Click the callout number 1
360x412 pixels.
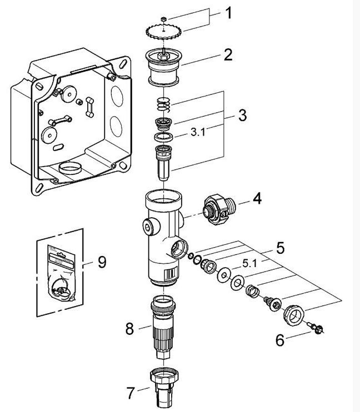click(229, 13)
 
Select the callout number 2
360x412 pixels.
click(228, 54)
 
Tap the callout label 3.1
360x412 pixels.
click(198, 132)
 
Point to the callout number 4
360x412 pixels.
click(257, 198)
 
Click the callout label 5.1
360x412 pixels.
click(249, 263)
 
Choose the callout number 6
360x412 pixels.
click(280, 340)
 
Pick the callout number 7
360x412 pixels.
click(131, 393)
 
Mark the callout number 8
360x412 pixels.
click(129, 329)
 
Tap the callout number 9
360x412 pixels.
click(102, 262)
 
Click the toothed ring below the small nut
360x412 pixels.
click(163, 32)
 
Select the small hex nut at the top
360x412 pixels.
click(163, 19)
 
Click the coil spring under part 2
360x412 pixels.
click(163, 104)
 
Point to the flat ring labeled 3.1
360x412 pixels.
click(163, 137)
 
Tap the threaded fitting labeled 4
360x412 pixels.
click(219, 209)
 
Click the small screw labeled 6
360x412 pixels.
click(316, 328)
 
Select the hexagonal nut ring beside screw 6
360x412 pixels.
click(294, 315)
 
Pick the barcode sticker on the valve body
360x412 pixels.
click(169, 274)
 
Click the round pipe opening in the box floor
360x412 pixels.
click(70, 168)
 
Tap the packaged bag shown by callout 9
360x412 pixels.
click(61, 273)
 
